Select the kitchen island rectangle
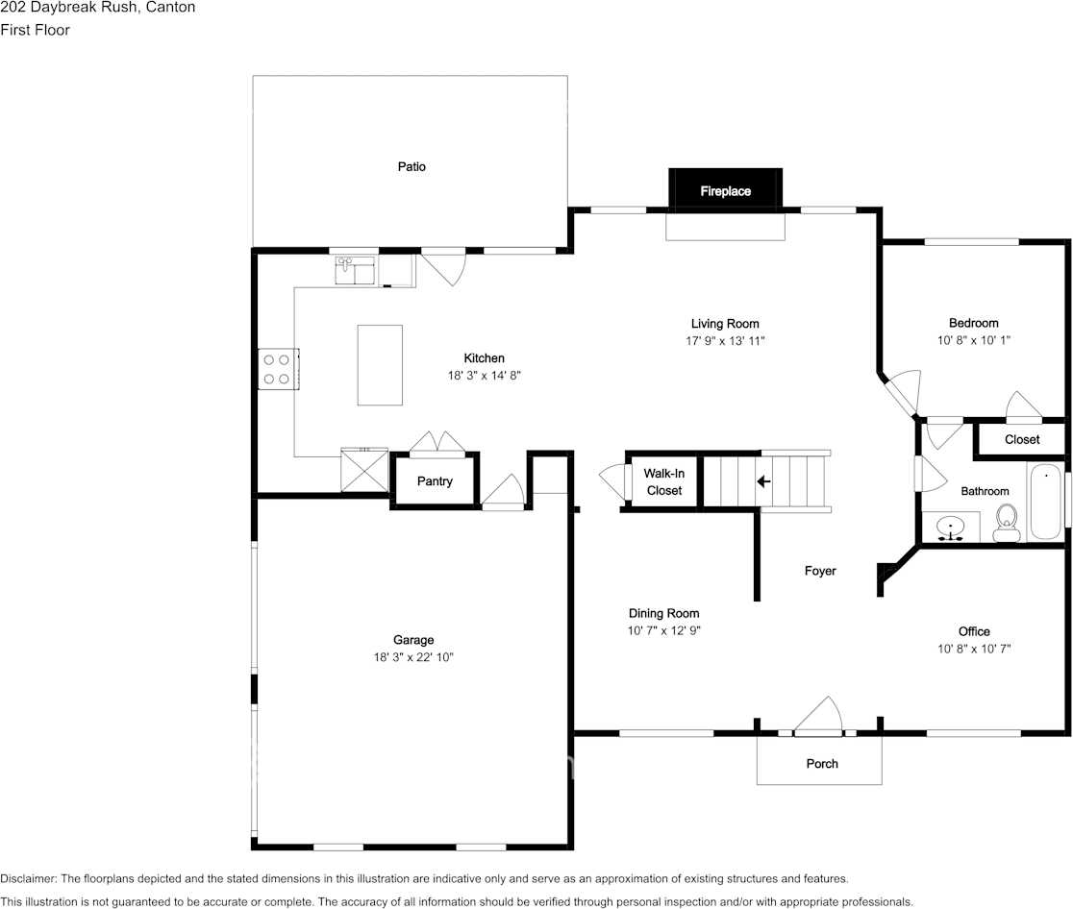(x=380, y=365)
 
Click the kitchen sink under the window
(x=355, y=271)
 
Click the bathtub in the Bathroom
(x=1045, y=502)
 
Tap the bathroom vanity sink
(x=951, y=528)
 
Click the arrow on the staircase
(x=763, y=481)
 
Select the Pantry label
(x=435, y=481)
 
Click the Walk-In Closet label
(x=663, y=481)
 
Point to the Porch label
(x=822, y=763)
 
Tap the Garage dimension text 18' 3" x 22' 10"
(x=413, y=657)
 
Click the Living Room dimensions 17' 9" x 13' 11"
(x=725, y=340)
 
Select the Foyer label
(x=820, y=571)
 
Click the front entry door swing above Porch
(x=818, y=716)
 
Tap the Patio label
(x=412, y=166)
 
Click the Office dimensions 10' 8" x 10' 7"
(x=974, y=649)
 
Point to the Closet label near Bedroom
(x=1022, y=440)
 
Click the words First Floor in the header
(x=35, y=30)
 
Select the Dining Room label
(x=663, y=613)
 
